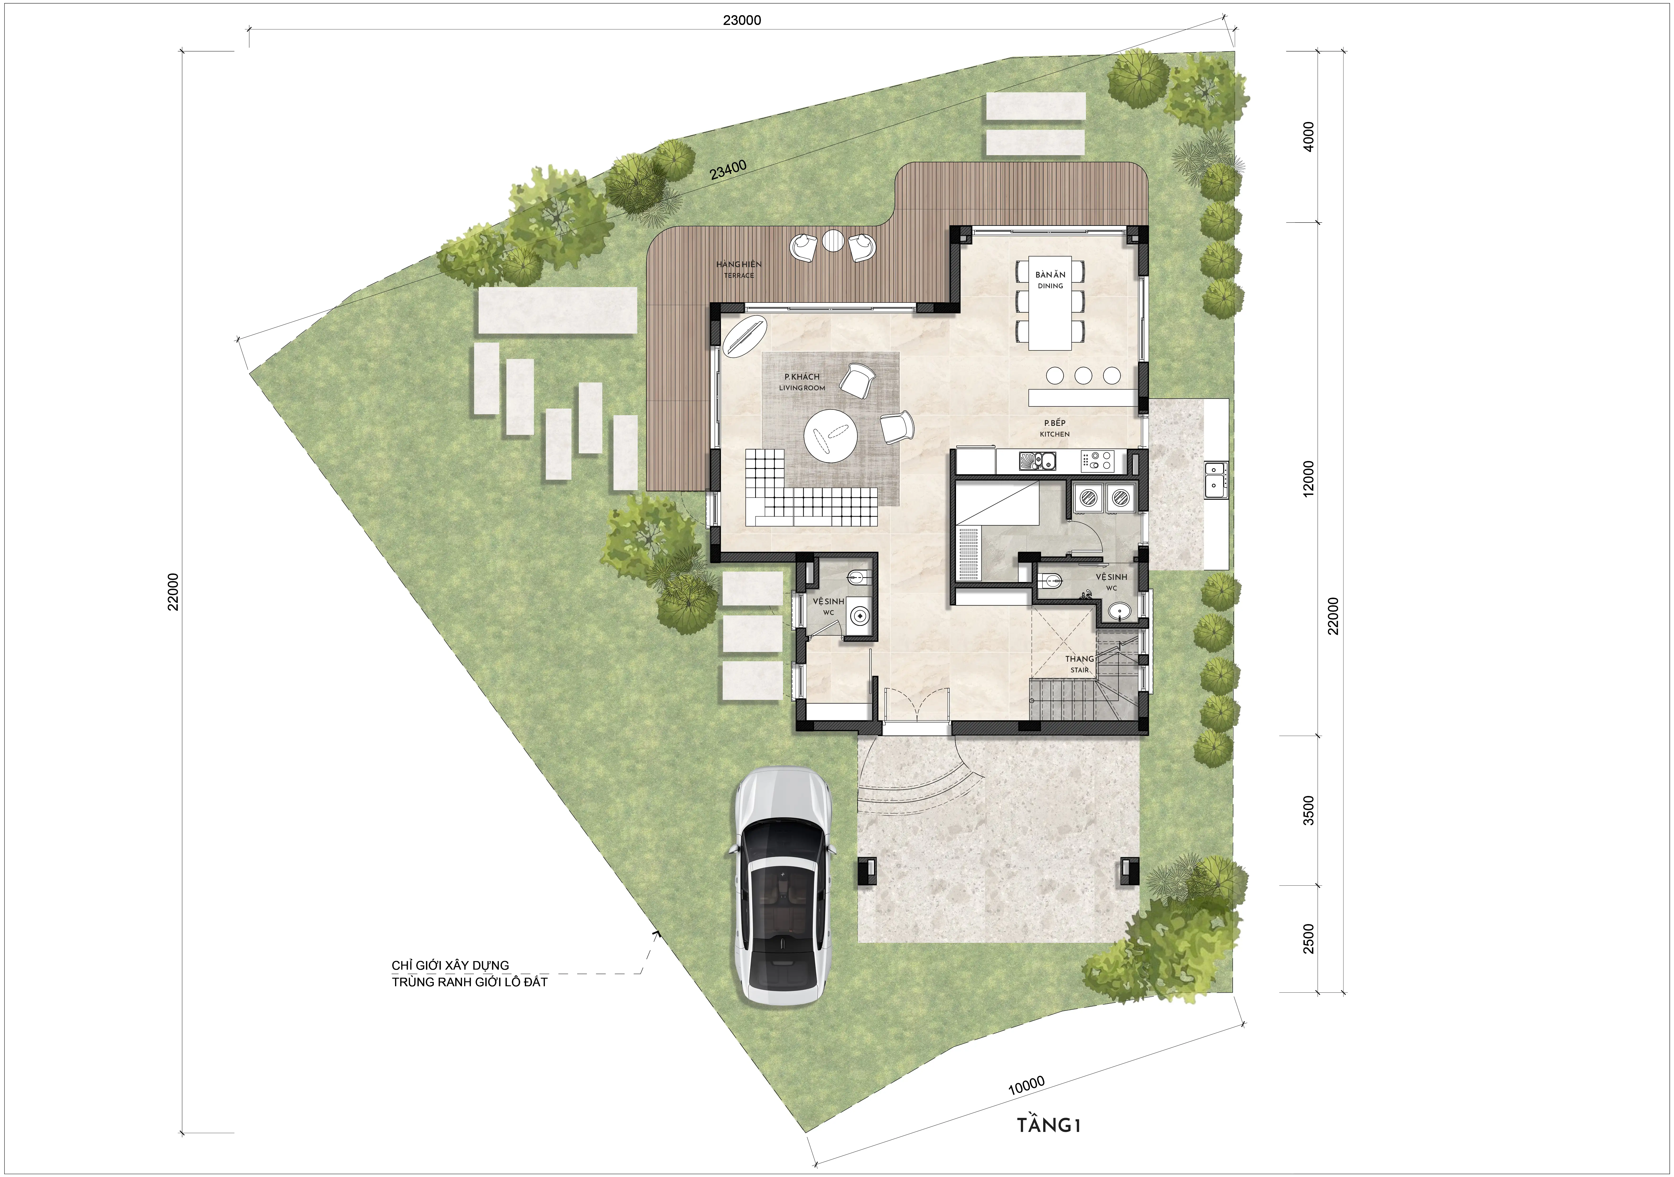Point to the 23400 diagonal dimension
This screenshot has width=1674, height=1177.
click(728, 170)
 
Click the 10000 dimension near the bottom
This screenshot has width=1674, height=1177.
click(1027, 1085)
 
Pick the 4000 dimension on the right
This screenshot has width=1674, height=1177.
click(1309, 136)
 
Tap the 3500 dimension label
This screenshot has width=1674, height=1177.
click(1309, 810)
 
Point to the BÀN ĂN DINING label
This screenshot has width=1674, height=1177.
click(1050, 280)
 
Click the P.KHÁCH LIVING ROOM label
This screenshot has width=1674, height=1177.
click(802, 382)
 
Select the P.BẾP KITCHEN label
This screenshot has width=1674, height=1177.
click(1054, 428)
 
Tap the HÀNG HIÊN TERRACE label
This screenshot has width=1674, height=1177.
click(739, 269)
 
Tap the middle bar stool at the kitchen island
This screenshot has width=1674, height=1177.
click(1083, 375)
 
